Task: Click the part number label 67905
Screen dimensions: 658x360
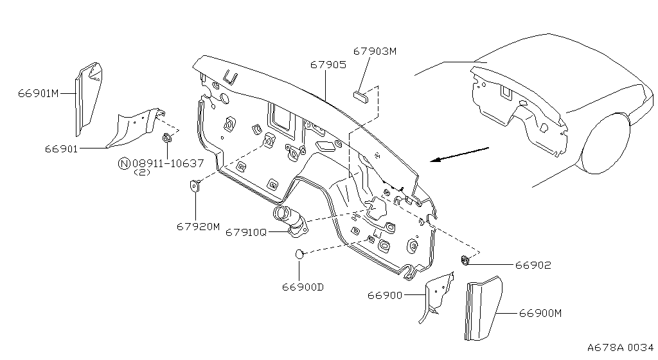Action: click(x=328, y=65)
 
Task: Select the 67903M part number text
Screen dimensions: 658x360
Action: click(x=375, y=51)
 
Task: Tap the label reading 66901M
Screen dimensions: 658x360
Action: click(x=38, y=93)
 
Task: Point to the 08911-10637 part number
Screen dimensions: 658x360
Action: click(x=168, y=163)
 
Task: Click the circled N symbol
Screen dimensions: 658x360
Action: click(x=124, y=163)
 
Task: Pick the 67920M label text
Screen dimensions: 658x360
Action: click(x=198, y=226)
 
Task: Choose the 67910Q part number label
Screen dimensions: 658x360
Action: click(x=246, y=232)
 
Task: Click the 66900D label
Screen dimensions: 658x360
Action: click(x=303, y=287)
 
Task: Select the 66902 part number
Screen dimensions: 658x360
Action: click(x=533, y=265)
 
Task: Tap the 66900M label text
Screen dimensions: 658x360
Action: click(x=540, y=314)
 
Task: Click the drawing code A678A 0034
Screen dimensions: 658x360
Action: click(x=620, y=347)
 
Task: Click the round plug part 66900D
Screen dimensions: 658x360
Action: click(x=299, y=254)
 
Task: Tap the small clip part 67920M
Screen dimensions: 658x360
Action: click(x=195, y=185)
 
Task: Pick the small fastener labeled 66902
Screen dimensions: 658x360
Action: click(x=465, y=260)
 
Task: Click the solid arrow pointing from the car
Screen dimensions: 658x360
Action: click(x=460, y=154)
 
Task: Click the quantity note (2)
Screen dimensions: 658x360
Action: click(x=142, y=172)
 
